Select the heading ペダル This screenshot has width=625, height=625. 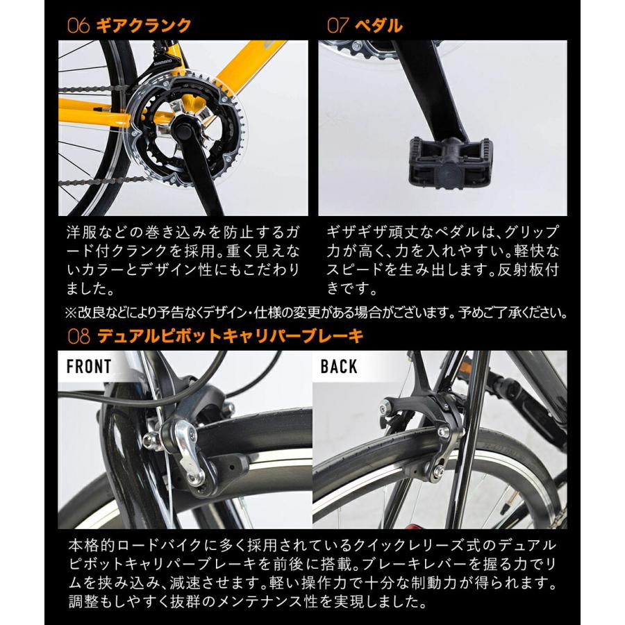coord(379,26)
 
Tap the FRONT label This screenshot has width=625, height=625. coord(88,367)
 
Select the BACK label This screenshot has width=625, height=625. coord(339,367)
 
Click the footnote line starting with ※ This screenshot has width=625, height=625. coord(312,312)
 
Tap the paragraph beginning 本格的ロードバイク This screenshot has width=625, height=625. coord(312,571)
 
